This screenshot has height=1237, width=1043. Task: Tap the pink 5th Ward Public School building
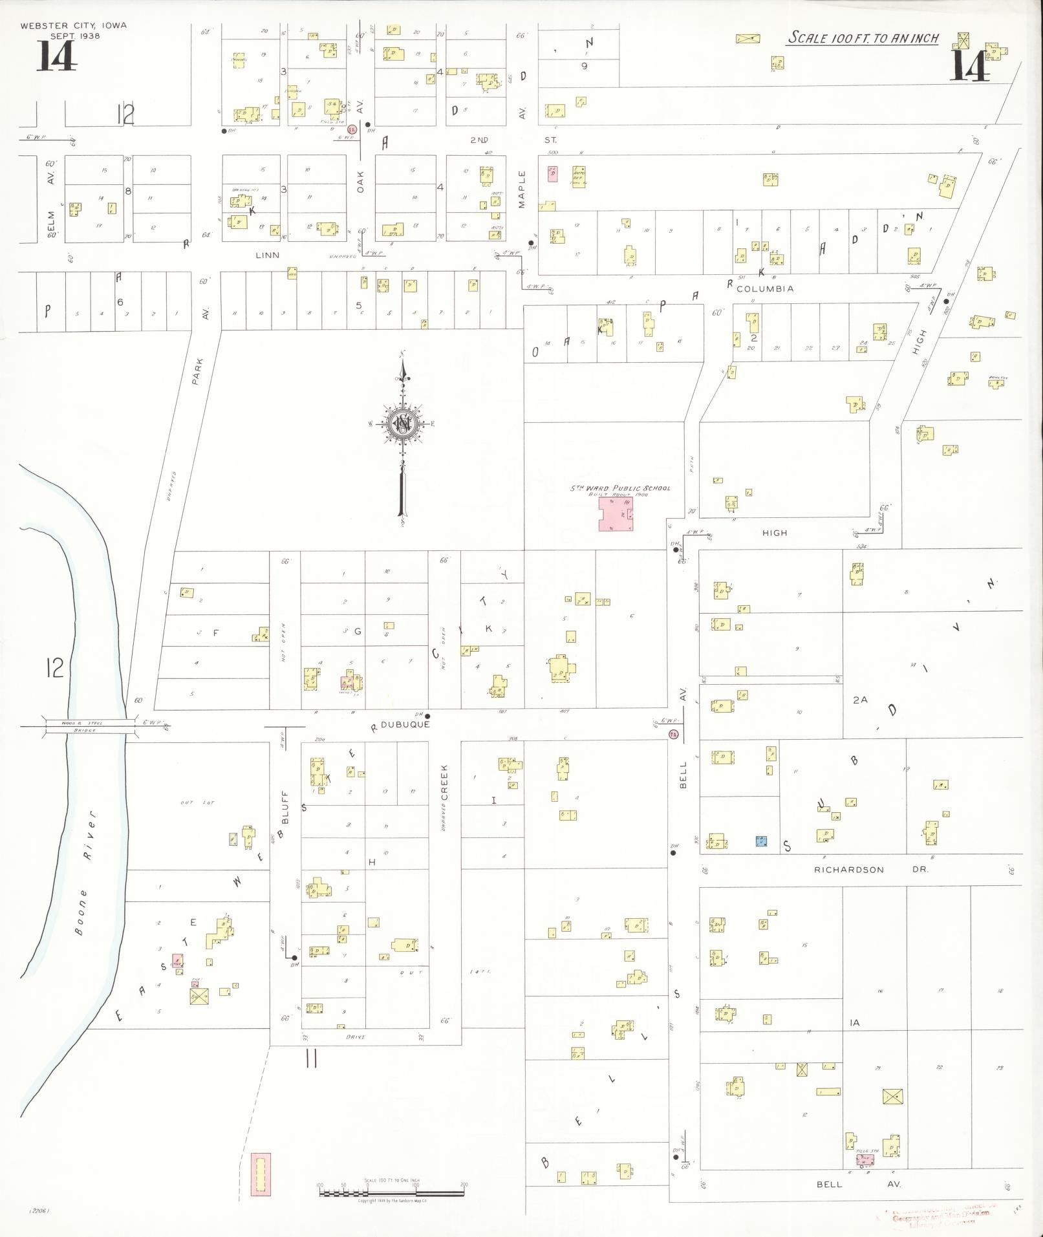point(615,514)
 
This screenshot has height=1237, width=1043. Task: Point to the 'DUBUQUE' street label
point(405,725)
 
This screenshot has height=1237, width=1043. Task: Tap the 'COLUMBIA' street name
point(765,288)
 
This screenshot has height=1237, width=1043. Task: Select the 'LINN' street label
point(267,255)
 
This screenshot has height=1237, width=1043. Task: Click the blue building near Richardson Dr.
point(761,841)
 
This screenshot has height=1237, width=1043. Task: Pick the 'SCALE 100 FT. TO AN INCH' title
point(863,38)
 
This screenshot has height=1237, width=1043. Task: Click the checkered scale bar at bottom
point(392,1192)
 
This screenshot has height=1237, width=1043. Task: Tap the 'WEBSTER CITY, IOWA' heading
point(74,26)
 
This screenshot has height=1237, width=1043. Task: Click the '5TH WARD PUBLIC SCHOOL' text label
point(620,488)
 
